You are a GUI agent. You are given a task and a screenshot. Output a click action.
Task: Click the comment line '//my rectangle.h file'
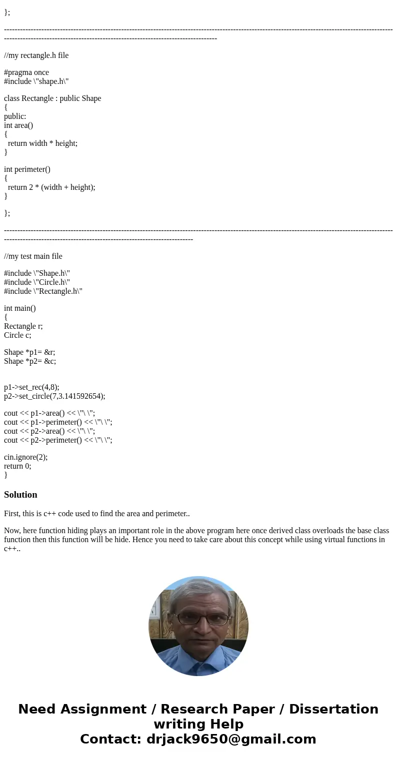point(36,55)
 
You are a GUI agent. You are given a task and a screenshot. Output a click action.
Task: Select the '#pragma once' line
point(26,72)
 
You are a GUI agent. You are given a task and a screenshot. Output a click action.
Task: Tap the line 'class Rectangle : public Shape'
point(52,98)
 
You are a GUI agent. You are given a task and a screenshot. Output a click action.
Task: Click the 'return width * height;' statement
point(42,143)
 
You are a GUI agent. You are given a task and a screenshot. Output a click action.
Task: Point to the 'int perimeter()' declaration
point(27,169)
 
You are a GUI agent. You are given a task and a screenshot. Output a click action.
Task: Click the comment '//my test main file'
point(33,256)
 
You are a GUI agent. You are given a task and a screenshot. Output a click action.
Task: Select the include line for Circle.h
point(37,282)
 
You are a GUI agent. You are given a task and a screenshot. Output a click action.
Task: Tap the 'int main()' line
point(20,308)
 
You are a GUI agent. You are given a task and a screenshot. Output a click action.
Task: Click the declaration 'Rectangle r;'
point(23,326)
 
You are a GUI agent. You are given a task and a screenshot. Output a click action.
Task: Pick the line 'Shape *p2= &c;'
point(30,361)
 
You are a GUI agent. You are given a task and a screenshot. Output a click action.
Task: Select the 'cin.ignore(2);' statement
point(25,457)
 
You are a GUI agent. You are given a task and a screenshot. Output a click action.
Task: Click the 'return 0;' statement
point(17,466)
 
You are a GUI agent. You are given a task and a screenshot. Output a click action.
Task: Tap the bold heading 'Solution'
point(20,495)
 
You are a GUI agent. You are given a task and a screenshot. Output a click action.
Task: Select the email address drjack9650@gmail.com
point(231,739)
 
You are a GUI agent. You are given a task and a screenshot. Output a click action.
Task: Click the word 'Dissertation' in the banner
point(333,709)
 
